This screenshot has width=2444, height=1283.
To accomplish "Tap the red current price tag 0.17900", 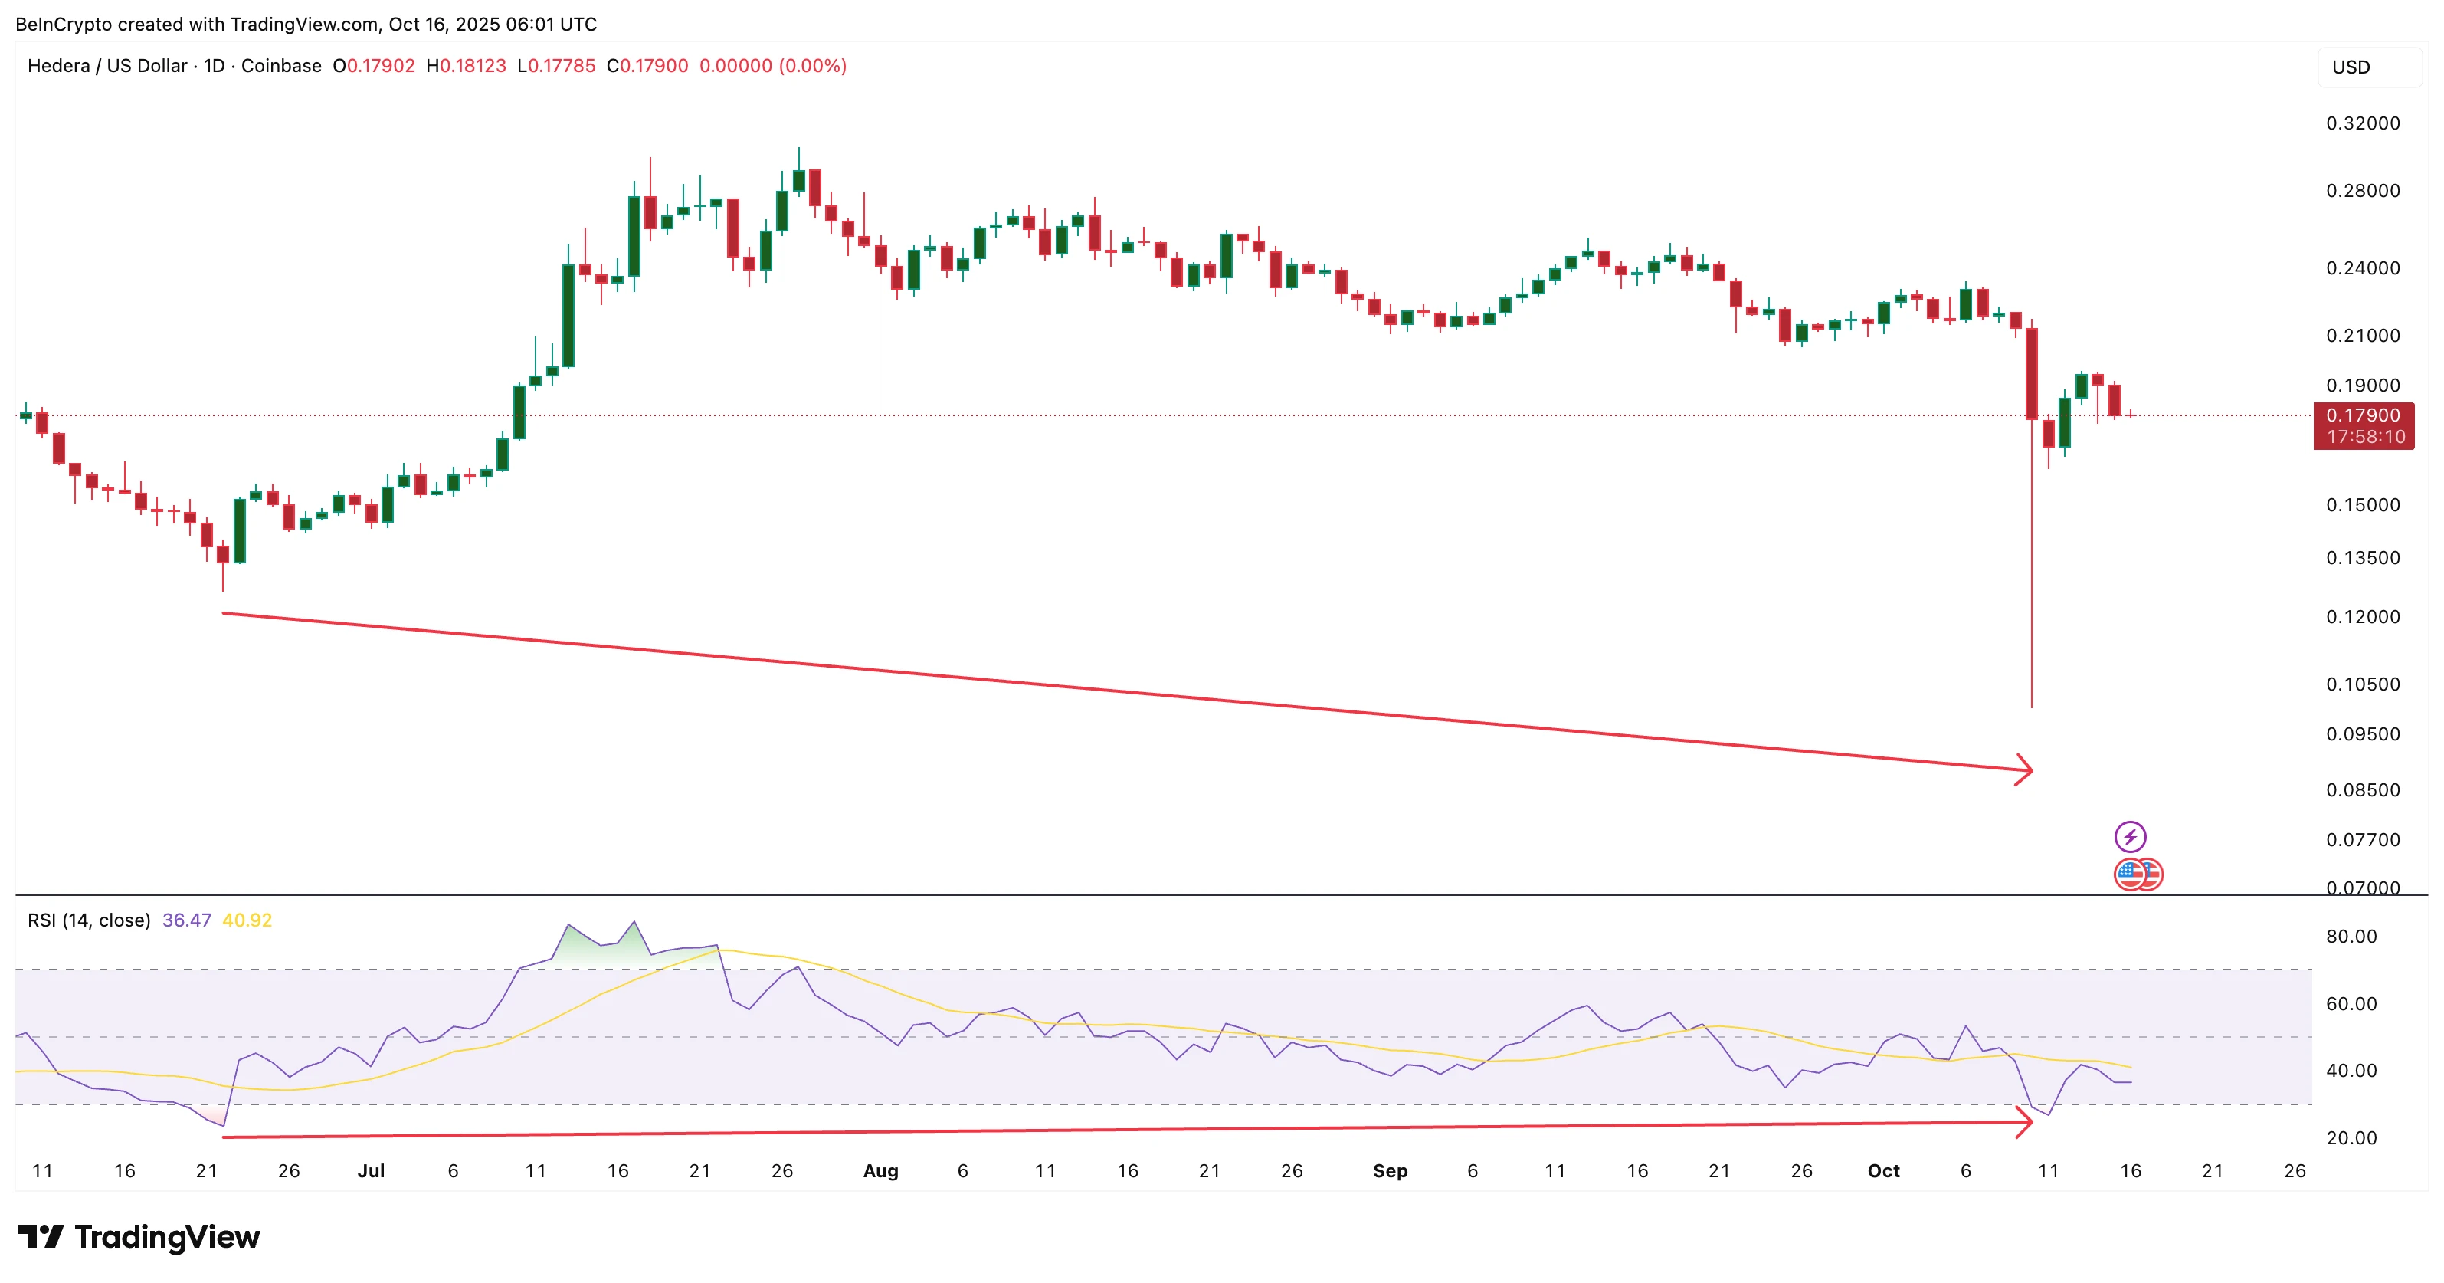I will [x=2363, y=415].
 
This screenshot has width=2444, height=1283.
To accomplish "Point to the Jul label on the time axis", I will [x=371, y=1171].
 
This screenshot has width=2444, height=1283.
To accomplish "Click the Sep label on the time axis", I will [x=1390, y=1171].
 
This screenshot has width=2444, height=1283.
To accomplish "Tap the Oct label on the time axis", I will [x=1883, y=1171].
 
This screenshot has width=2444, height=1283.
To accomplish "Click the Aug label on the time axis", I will [x=880, y=1171].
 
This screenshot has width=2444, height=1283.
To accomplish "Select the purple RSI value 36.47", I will [x=187, y=920].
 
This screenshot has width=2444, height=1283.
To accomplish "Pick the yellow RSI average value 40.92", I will [x=247, y=920].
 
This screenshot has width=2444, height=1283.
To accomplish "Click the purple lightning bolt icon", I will [x=2130, y=836].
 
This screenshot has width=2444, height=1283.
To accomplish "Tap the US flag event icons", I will [x=2138, y=874].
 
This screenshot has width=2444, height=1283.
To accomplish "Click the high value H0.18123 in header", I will [x=466, y=65].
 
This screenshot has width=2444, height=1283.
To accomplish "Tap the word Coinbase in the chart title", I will [x=281, y=65].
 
